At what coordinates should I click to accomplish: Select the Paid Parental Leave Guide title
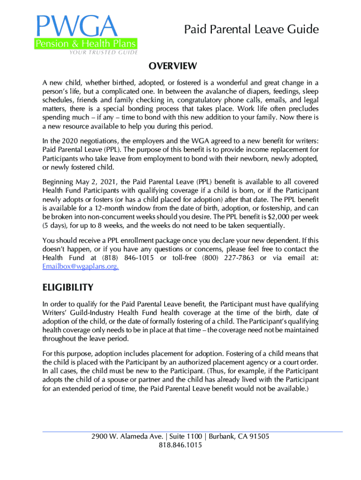pyautogui.click(x=251, y=30)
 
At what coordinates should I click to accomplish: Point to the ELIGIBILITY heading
pyautogui.click(x=68, y=287)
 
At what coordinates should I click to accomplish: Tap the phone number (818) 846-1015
pyautogui.click(x=126, y=258)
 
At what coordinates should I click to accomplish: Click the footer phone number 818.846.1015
pyautogui.click(x=180, y=445)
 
